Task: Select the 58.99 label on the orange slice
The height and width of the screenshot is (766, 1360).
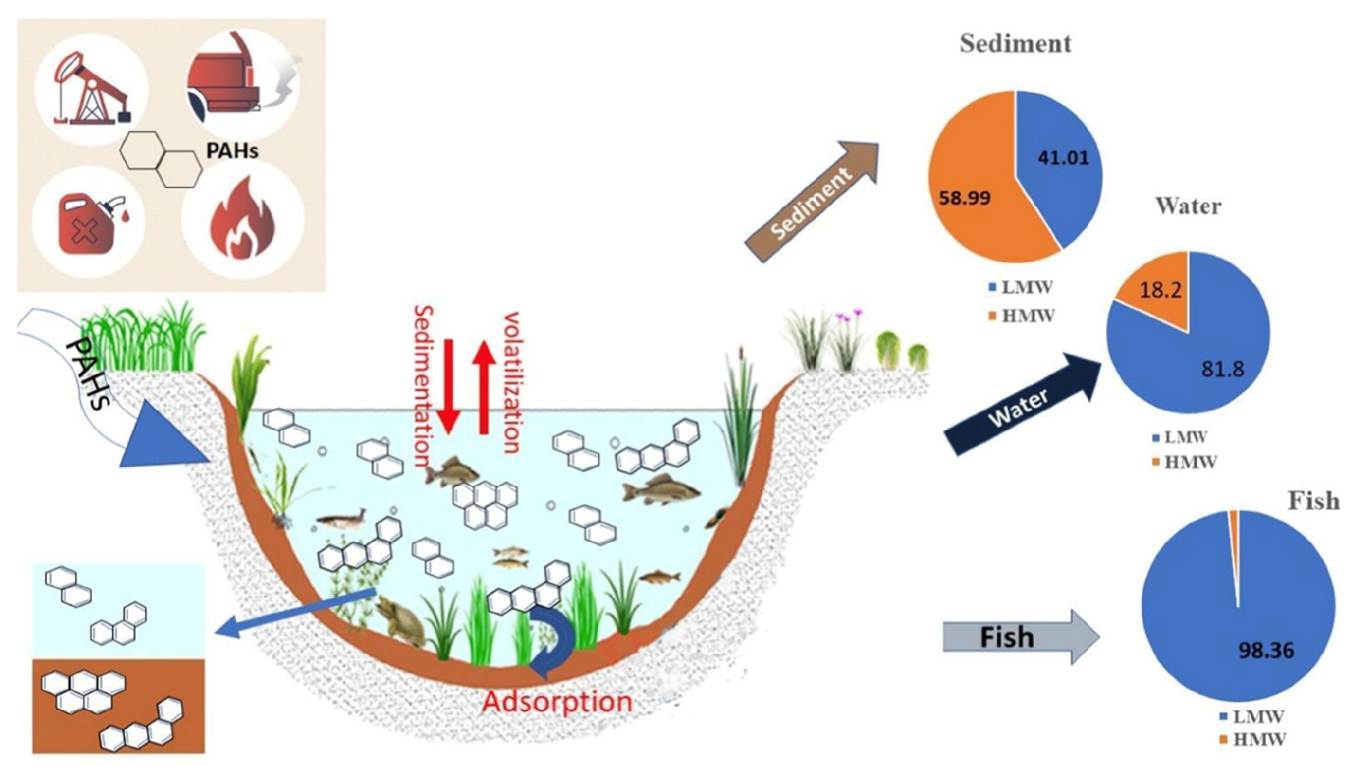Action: point(964,198)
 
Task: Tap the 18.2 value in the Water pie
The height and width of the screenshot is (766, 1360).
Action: point(1160,290)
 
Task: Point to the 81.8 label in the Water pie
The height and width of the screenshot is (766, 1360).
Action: point(1223,369)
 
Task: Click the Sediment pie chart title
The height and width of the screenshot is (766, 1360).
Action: point(1015,43)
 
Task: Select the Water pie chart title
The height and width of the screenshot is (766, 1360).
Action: point(1188,206)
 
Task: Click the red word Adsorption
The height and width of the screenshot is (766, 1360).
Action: point(557,702)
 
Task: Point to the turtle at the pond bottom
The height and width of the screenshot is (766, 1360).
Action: point(401,623)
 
